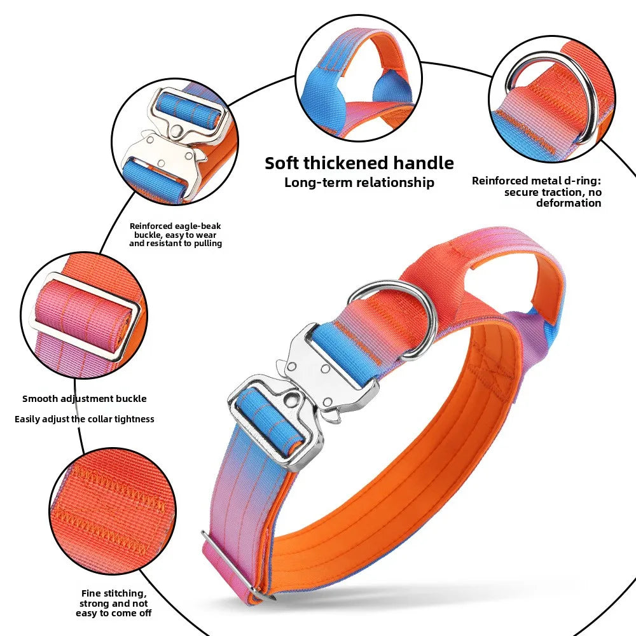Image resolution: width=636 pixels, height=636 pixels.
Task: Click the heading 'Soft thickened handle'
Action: point(359,163)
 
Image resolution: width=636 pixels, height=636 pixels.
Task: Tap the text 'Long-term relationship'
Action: point(359,182)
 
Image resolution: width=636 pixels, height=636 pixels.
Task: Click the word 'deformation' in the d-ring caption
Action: point(569,203)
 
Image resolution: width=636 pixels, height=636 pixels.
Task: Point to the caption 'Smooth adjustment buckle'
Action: point(85,399)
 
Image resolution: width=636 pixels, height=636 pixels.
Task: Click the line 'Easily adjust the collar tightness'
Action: point(85,419)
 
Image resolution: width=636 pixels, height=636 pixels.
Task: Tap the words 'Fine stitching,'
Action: point(114,594)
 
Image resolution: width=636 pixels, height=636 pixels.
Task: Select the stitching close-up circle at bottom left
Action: point(113,511)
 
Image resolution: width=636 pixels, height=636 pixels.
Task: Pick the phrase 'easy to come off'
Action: point(114,613)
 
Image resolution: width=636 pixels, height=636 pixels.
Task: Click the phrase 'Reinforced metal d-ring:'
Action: point(536,181)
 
